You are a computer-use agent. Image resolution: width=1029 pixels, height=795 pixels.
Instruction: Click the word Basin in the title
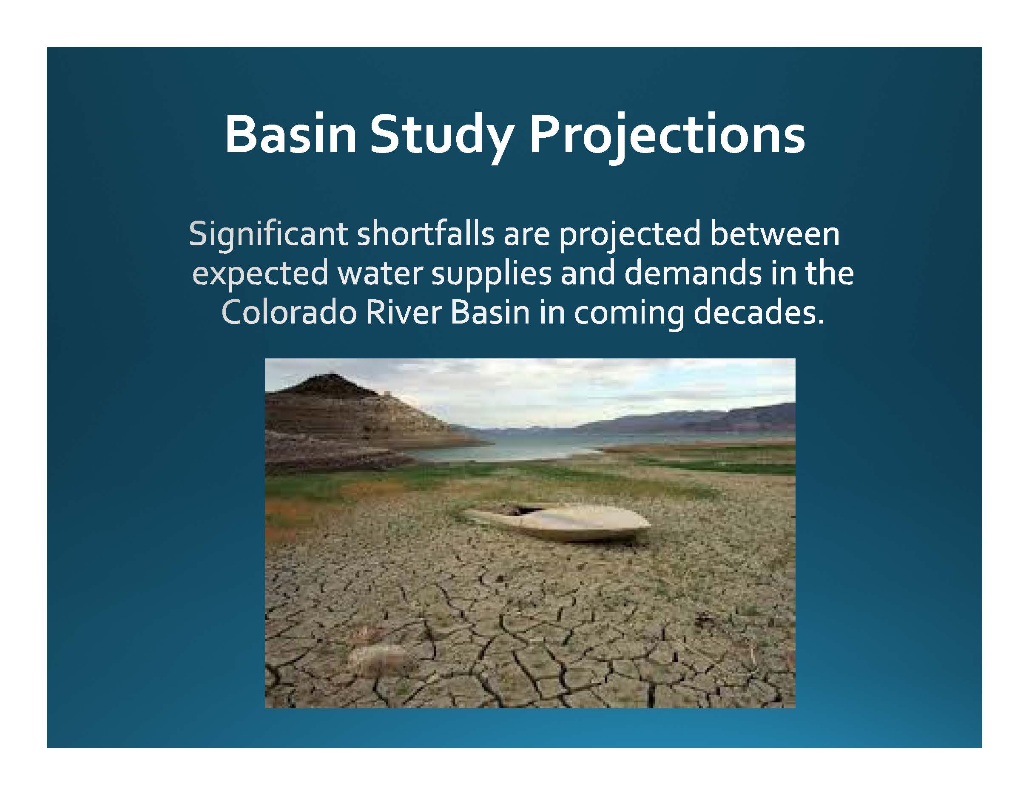(290, 134)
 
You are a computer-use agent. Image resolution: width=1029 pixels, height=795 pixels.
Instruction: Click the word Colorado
(288, 313)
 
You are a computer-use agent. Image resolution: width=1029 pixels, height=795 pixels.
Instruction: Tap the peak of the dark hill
(332, 375)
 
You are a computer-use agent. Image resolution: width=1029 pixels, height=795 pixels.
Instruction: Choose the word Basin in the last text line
(490, 313)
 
